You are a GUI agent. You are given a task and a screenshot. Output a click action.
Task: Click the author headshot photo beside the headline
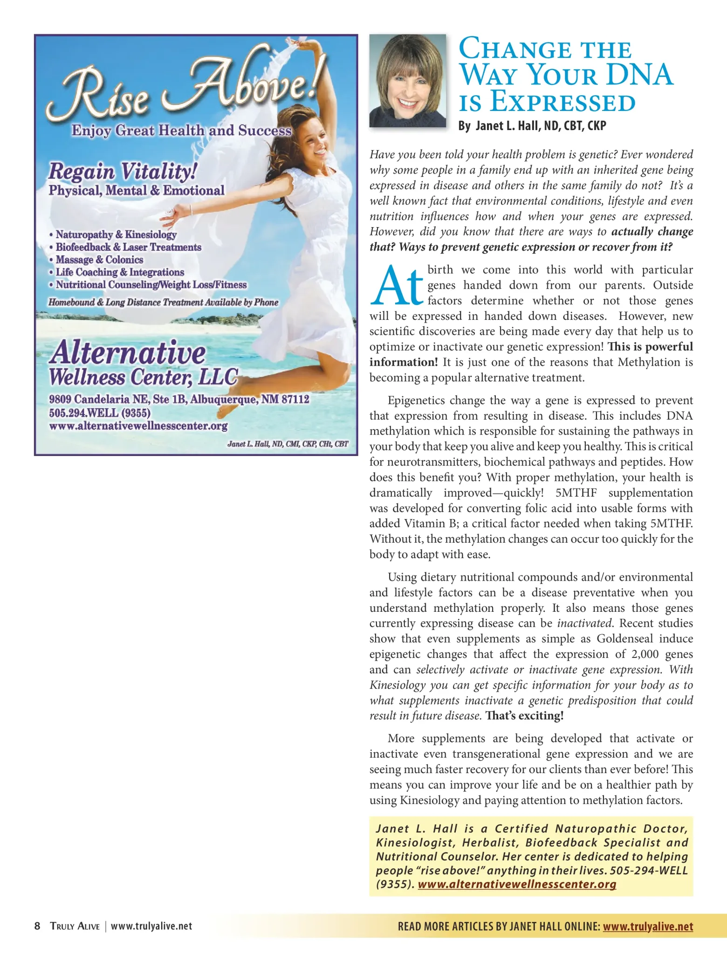(407, 81)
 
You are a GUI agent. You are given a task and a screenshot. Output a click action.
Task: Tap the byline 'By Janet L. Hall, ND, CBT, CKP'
(532, 126)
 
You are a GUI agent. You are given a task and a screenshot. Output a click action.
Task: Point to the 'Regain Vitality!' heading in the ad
(123, 171)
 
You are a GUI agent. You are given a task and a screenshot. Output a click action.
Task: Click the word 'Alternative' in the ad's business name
(127, 353)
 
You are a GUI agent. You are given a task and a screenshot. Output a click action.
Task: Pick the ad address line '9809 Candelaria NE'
(179, 400)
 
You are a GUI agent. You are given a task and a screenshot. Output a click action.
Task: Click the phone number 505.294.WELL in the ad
(100, 413)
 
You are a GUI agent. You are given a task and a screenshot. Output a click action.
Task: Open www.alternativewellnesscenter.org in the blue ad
(138, 426)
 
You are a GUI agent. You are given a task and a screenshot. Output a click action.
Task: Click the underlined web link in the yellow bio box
(517, 884)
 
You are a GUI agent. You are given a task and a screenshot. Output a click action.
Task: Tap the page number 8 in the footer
(37, 926)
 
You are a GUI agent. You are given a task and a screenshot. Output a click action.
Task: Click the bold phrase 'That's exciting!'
(524, 716)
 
